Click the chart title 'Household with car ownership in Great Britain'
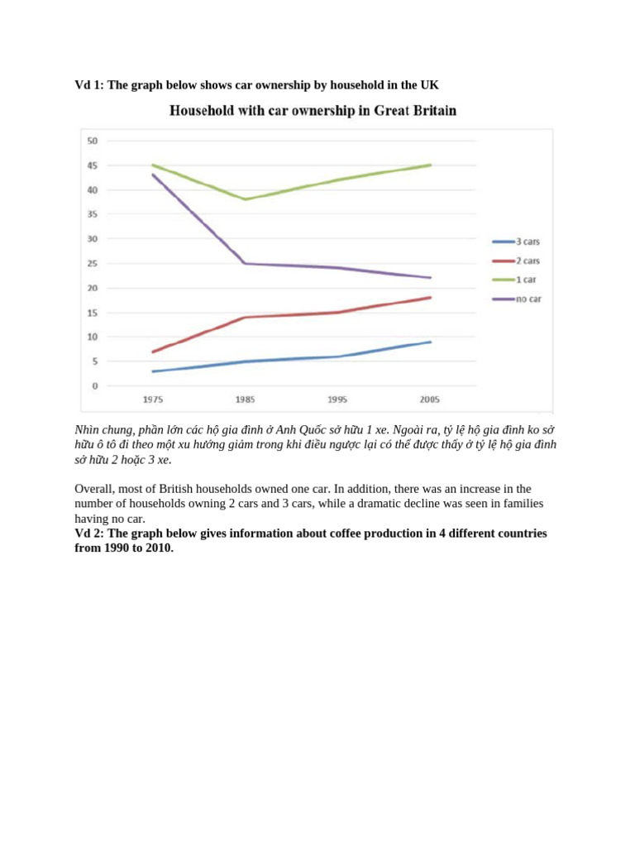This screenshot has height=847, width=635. coord(313,110)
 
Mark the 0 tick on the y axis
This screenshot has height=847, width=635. coord(94,385)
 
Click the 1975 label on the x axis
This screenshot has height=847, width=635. coord(152,400)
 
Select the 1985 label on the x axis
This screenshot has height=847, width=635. coord(245,400)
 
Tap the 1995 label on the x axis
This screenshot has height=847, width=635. coord(337,400)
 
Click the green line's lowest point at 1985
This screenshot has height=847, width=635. coord(245,199)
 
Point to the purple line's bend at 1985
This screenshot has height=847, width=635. coord(245,263)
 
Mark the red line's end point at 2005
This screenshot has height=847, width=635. coord(430,298)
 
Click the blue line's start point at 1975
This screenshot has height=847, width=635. coord(152,371)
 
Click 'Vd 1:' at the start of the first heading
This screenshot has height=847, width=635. coord(89,84)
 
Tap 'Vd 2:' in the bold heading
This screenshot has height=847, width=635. coord(89,534)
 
